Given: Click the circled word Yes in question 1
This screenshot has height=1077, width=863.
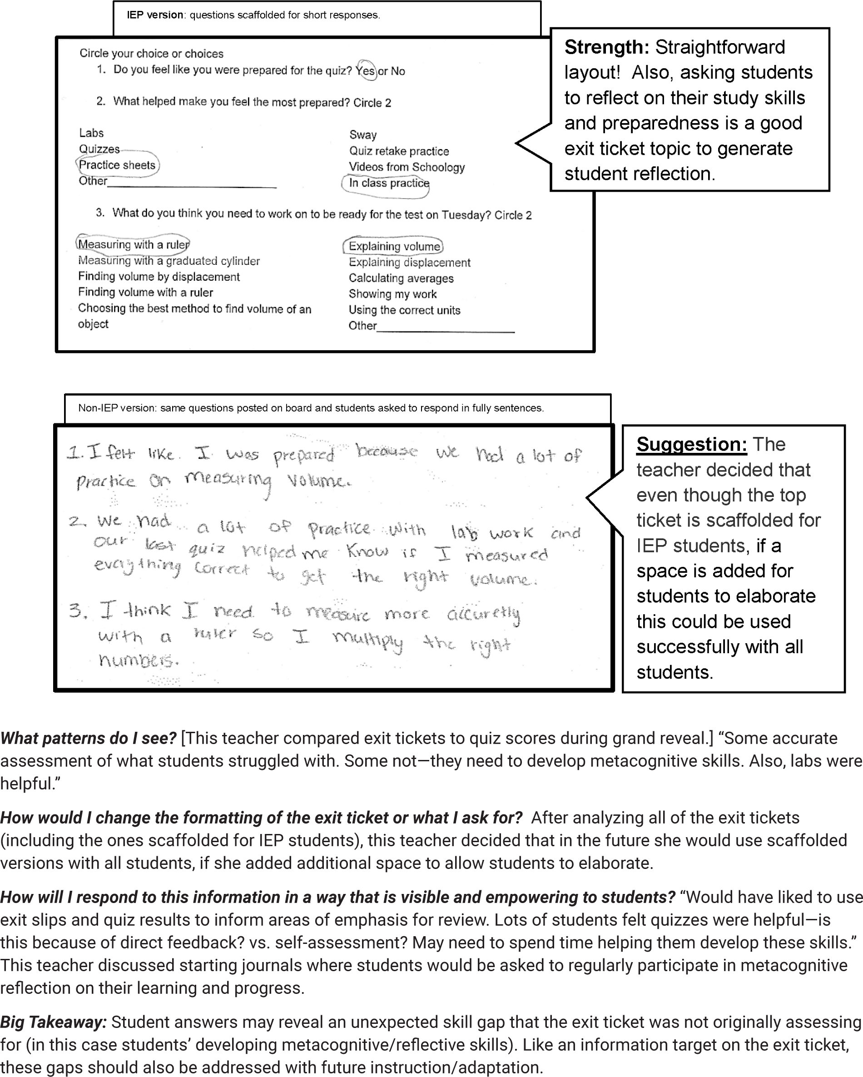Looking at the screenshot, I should click(366, 70).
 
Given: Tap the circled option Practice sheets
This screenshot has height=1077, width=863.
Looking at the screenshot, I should click(117, 165).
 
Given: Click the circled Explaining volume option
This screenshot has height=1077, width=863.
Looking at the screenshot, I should click(394, 246).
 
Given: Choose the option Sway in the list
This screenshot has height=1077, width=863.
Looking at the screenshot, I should click(362, 135).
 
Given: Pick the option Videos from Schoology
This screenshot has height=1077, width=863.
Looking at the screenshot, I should click(407, 167).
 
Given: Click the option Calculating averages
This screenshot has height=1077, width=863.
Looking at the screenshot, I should click(401, 278).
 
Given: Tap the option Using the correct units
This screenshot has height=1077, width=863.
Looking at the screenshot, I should click(404, 310).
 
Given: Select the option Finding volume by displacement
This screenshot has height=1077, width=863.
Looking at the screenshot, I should click(159, 277).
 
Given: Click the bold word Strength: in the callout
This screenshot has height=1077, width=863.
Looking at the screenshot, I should click(606, 47).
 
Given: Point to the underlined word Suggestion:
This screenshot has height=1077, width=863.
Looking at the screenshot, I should click(691, 444).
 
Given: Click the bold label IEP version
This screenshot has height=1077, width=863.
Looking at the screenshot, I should click(155, 15).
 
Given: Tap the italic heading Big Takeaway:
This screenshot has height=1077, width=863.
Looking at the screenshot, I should click(54, 1022).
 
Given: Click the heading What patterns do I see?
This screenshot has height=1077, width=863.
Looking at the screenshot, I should click(89, 738).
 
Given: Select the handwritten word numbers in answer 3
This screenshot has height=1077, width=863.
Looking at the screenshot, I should click(138, 660).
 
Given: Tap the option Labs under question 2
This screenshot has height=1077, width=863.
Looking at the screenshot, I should click(91, 133).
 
